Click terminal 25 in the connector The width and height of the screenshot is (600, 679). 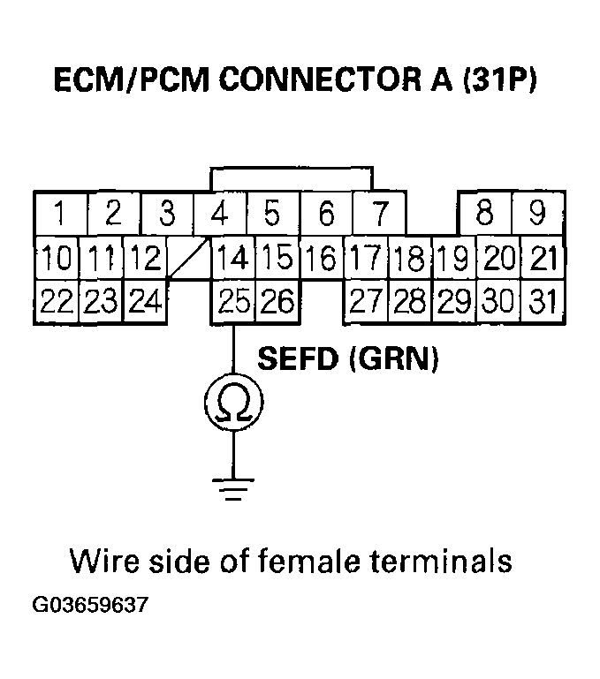[x=232, y=302]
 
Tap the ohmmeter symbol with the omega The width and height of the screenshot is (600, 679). [x=233, y=404]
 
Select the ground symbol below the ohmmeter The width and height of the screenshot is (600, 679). [x=233, y=488]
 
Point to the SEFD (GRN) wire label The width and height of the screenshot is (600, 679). [x=347, y=359]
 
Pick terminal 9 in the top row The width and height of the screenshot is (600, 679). [x=537, y=214]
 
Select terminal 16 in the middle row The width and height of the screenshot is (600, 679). [x=321, y=259]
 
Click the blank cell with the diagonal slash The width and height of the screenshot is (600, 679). [x=187, y=259]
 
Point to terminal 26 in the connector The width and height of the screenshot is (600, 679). [x=277, y=302]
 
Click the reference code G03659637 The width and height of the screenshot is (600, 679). [x=90, y=607]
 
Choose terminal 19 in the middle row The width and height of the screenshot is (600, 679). [x=453, y=259]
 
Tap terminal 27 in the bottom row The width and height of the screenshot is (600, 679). [x=365, y=302]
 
